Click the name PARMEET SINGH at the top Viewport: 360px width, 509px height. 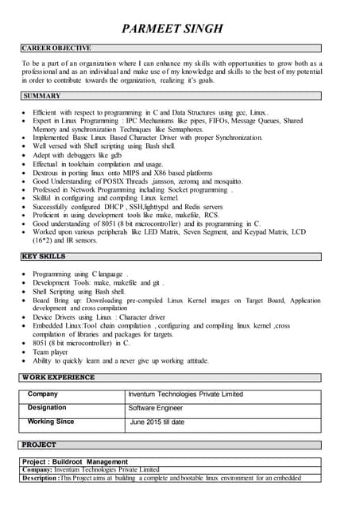pos(172,29)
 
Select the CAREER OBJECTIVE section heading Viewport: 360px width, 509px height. pos(56,49)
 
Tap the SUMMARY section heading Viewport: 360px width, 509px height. pos(41,96)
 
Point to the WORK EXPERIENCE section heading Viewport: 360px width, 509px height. pos(58,377)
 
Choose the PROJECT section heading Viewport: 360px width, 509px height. pos(39,445)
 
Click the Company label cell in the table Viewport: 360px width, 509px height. pos(42,394)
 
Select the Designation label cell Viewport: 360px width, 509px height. pos(47,407)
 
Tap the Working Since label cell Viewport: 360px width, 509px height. pos(51,422)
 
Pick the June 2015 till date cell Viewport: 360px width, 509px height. pos(157,422)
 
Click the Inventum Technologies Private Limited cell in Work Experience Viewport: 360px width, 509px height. pos(185,394)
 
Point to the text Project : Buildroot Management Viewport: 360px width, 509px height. pos(75,461)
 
